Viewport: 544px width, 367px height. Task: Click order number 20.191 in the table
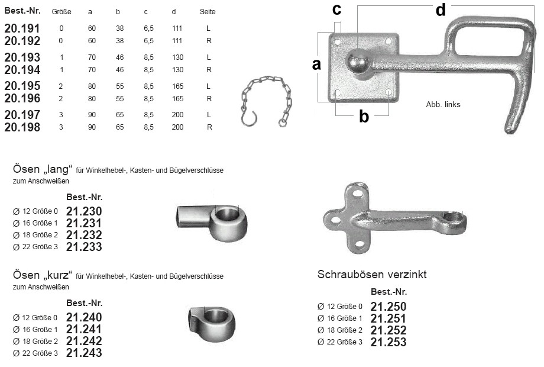point(22,28)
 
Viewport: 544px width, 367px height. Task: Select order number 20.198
point(22,127)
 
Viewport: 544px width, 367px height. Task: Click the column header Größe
point(61,12)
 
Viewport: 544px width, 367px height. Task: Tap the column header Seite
point(208,12)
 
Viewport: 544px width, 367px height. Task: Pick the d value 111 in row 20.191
point(177,28)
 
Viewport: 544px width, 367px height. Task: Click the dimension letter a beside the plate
point(316,65)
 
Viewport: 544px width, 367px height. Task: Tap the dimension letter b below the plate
point(364,117)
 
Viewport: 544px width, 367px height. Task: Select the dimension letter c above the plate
point(336,9)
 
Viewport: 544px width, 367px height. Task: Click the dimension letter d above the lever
point(441,10)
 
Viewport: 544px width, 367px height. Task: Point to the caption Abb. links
point(443,105)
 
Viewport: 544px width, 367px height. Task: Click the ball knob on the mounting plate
point(358,62)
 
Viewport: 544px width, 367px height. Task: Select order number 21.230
point(84,211)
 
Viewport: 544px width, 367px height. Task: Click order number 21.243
point(84,353)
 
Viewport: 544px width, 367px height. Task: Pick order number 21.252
point(388,330)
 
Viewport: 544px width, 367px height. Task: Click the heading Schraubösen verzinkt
point(372,275)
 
